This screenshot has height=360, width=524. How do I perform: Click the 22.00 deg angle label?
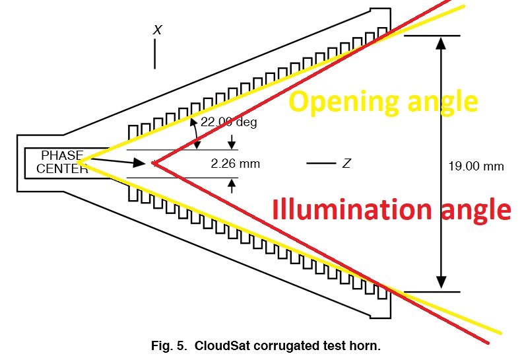pyautogui.click(x=229, y=122)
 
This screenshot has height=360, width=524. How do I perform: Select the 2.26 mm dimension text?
pyautogui.click(x=235, y=164)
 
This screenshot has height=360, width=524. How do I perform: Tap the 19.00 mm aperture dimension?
pyautogui.click(x=476, y=166)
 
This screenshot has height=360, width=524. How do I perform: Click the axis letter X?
pyautogui.click(x=158, y=30)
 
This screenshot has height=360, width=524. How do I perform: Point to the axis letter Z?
pyautogui.click(x=346, y=163)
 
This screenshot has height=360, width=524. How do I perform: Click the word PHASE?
pyautogui.click(x=63, y=155)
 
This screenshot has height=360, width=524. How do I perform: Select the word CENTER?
pyautogui.click(x=63, y=168)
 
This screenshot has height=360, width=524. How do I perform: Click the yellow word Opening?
pyautogui.click(x=344, y=102)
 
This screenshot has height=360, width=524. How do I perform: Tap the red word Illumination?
pyautogui.click(x=352, y=209)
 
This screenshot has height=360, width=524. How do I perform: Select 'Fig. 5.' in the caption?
pyautogui.click(x=168, y=345)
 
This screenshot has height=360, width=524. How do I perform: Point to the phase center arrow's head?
pyautogui.click(x=141, y=163)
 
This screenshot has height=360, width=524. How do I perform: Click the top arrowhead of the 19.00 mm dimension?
pyautogui.click(x=441, y=43)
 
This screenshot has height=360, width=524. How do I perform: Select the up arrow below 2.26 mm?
pyautogui.click(x=232, y=186)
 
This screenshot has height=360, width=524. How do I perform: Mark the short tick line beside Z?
pyautogui.click(x=321, y=163)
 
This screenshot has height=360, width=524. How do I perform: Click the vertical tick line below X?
pyautogui.click(x=154, y=54)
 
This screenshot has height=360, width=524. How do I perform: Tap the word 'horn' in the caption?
pyautogui.click(x=366, y=345)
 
